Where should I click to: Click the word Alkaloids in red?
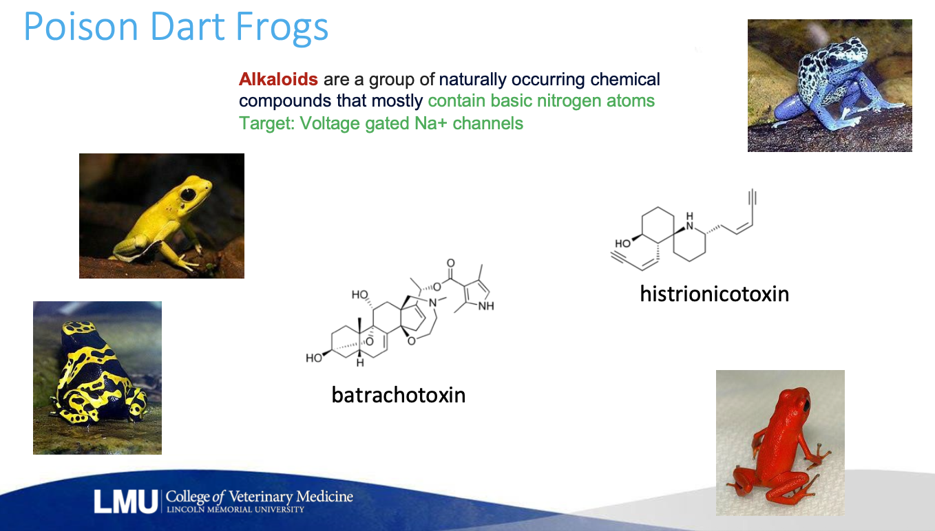point(278,79)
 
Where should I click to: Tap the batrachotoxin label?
point(399,395)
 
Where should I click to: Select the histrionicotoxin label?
point(715,294)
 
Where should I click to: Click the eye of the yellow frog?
point(188,194)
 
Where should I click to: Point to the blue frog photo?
point(830,85)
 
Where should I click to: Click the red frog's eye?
point(807,405)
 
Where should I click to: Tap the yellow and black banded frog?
point(97,378)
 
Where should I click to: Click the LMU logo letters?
point(125,502)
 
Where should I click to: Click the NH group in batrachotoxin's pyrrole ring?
point(486,307)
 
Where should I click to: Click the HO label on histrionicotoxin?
point(622,243)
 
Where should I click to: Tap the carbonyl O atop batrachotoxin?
point(451,263)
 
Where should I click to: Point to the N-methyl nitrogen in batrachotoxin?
point(433,303)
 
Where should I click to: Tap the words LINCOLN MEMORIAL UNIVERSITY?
point(235,509)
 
